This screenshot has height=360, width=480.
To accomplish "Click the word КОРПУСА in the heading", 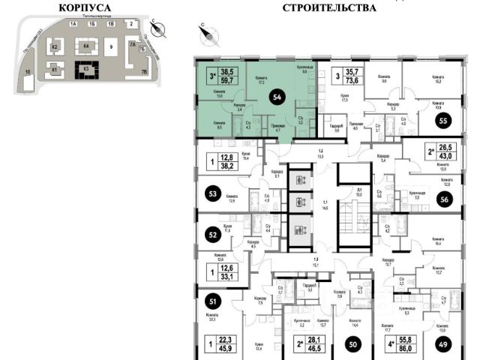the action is click(x=85, y=9).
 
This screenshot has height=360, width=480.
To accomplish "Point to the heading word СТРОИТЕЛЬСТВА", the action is click(x=328, y=9).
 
